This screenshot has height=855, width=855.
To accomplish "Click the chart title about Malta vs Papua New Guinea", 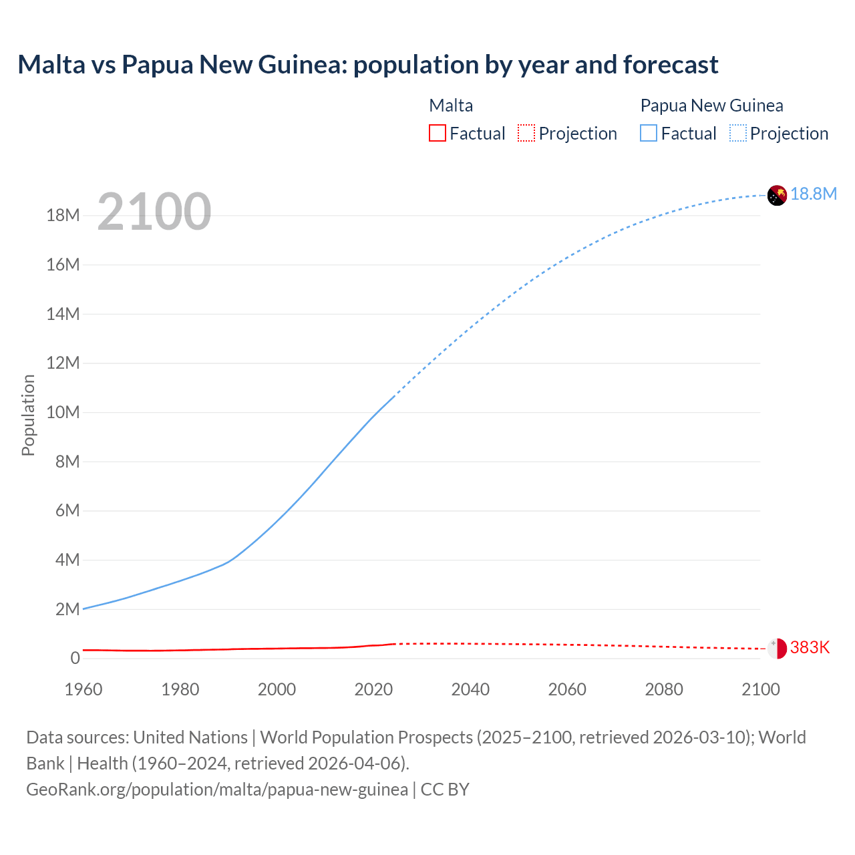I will pos(367,65).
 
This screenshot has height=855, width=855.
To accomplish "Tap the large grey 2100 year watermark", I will pos(154,212).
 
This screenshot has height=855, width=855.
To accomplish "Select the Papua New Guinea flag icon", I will pos(777,195).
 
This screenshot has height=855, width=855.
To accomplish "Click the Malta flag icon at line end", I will pos(777,648).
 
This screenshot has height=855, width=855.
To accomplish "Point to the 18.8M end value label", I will pos(814,194).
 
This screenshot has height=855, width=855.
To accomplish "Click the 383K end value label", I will pos(810,647).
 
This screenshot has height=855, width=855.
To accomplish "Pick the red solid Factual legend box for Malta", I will pos(437,134).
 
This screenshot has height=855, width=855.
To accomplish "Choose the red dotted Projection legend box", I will pos(526,134).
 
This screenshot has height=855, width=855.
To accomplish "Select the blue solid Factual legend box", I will pos(649,134).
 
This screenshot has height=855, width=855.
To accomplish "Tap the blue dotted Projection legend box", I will pos(738,134).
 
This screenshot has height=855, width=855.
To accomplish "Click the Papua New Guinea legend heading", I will pos(711,106).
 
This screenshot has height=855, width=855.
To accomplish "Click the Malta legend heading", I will pos(451,106).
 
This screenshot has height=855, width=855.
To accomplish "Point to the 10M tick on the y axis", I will pos(63,412).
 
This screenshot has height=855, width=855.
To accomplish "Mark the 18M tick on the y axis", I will pos(63,215).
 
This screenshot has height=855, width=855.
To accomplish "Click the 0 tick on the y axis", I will pos(75,658).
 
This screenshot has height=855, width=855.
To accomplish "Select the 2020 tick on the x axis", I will pos(373,689).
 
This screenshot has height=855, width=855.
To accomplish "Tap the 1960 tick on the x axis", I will pos(83,689).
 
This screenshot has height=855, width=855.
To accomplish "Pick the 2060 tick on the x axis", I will pos(567,689).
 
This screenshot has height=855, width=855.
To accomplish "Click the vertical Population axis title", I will pos(28,415).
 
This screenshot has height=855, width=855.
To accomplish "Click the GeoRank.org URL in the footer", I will pos(217,790).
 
